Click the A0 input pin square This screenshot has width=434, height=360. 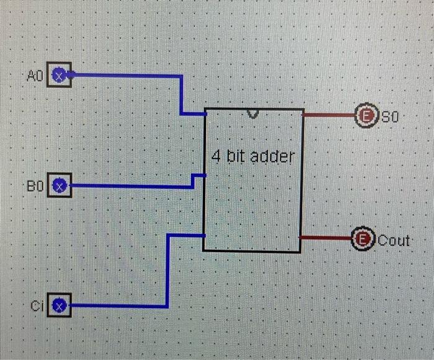click(60, 76)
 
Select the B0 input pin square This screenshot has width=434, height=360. click(60, 185)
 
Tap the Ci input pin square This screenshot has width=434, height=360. click(60, 305)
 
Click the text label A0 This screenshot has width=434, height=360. click(34, 76)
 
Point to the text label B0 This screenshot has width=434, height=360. click(34, 185)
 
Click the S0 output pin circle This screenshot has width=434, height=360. click(365, 115)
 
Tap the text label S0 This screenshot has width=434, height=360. click(390, 116)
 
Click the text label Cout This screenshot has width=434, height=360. click(394, 240)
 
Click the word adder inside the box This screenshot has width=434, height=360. click(272, 157)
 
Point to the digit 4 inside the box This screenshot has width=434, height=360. click(216, 156)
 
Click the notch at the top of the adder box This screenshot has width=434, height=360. click(252, 113)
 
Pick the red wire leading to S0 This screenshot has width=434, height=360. click(329, 115)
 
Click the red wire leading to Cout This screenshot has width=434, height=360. click(326, 237)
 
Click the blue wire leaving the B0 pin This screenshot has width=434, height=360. click(130, 185)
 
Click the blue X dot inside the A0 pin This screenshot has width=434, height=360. click(59, 76)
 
